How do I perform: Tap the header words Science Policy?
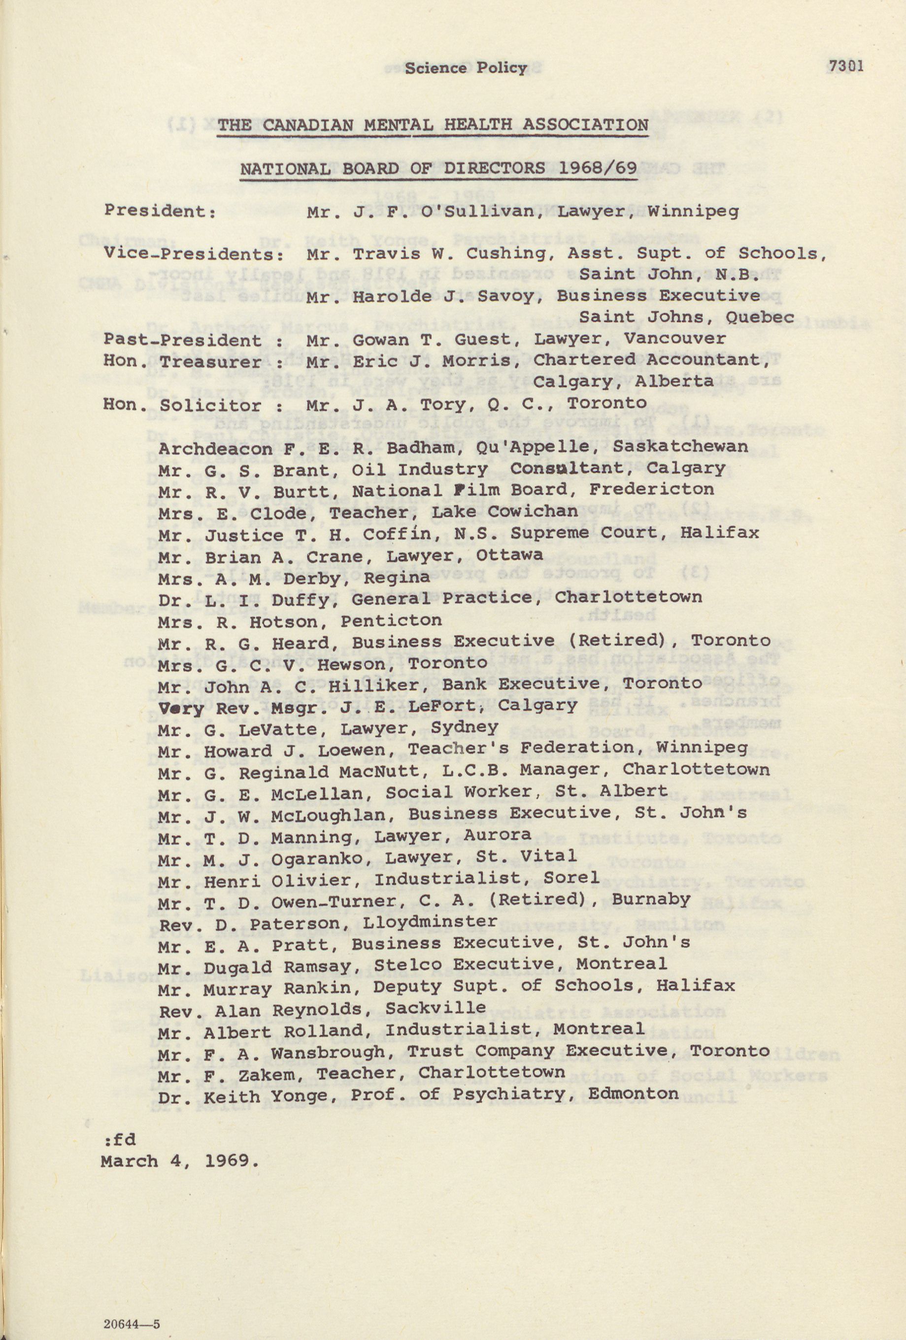click(465, 68)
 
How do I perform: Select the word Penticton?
click(391, 621)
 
